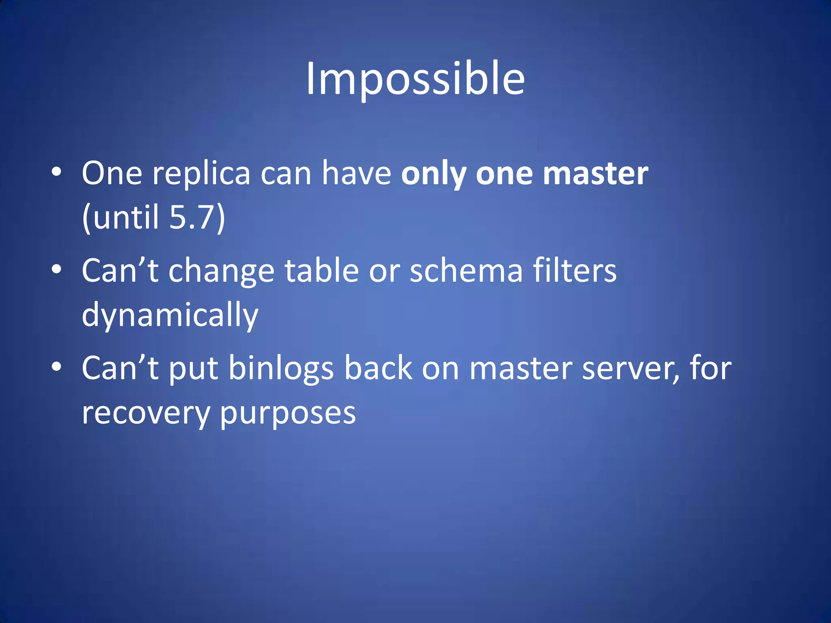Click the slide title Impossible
click(415, 79)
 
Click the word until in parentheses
click(126, 217)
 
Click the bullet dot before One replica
click(56, 172)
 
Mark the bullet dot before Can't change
click(56, 269)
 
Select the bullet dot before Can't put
click(56, 367)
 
